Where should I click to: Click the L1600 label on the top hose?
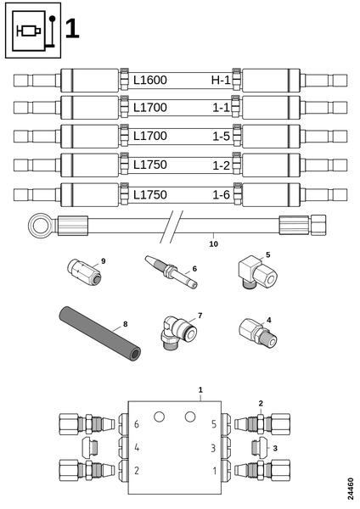pos(150,81)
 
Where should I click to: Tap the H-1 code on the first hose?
pos(221,81)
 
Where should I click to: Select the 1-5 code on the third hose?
pos(222,137)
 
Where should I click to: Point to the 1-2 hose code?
pos(222,165)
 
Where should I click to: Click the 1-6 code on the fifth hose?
pos(222,195)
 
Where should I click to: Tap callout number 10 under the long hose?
pos(213,244)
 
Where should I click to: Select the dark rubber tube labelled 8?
pos(99,333)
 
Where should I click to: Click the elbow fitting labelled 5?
pos(258,271)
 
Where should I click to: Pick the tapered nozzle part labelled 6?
pos(171,271)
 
